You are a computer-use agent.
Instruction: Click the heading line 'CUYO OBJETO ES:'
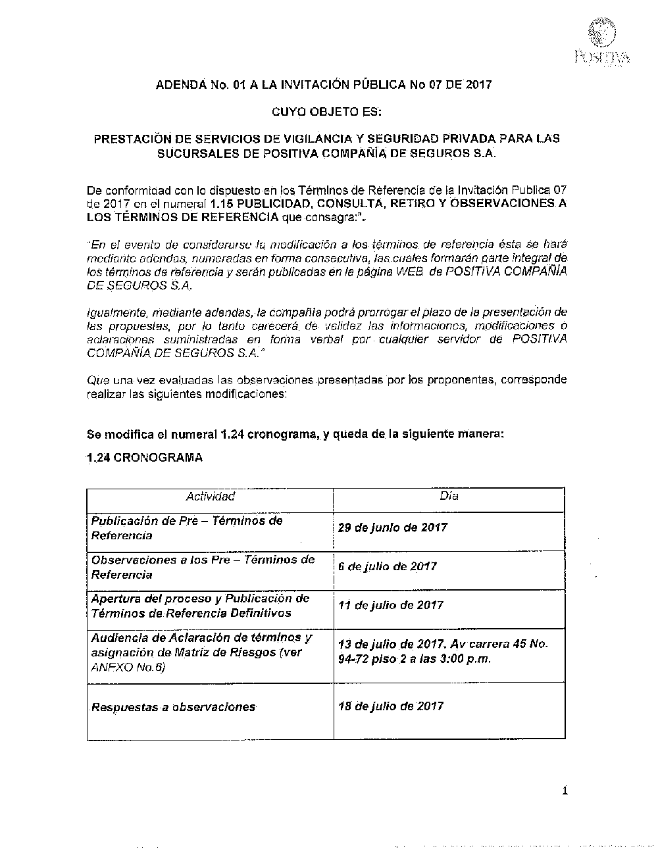(326, 112)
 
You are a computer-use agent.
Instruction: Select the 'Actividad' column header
(210, 497)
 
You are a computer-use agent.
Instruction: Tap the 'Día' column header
(449, 496)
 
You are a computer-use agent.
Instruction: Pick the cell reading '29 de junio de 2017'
(392, 527)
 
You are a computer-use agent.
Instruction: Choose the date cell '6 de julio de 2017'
(387, 566)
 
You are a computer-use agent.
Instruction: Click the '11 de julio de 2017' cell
(390, 605)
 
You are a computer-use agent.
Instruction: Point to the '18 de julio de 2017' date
(390, 706)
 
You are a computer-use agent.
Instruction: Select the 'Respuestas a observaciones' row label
(173, 708)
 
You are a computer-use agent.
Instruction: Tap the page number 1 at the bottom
(565, 790)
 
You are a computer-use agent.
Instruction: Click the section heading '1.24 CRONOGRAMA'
(145, 458)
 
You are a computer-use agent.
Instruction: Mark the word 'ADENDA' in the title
(177, 85)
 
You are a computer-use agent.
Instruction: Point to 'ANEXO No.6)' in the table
(128, 668)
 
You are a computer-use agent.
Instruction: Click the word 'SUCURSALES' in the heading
(191, 154)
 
